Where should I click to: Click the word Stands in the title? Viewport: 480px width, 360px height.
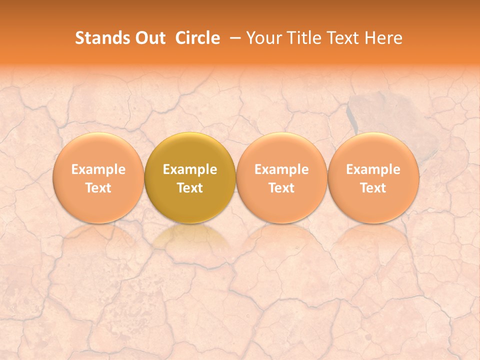[101, 38]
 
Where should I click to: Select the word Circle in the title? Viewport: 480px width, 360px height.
[197, 38]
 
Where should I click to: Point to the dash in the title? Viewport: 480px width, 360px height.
[233, 38]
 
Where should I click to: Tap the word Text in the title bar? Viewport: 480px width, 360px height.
[340, 38]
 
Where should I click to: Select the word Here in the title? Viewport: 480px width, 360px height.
[383, 38]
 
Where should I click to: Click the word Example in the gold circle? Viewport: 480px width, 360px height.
[190, 169]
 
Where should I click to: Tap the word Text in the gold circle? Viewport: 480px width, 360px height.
[190, 188]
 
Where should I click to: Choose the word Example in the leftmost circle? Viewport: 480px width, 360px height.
[98, 169]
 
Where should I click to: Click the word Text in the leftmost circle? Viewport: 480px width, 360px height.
[98, 188]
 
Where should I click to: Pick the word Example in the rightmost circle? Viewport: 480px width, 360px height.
[373, 169]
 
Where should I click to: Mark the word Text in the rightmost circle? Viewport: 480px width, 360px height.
[373, 188]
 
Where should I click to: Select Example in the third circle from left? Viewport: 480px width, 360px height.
[281, 169]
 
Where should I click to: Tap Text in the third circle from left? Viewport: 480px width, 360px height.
[281, 188]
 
